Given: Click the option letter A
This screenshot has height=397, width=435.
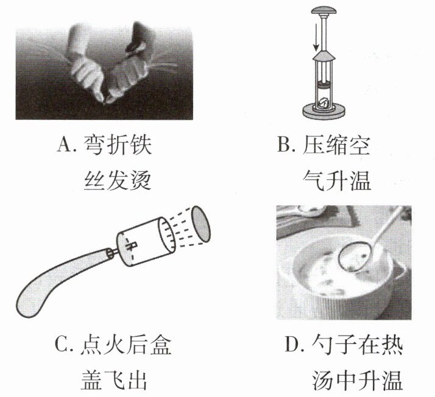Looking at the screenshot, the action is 64,145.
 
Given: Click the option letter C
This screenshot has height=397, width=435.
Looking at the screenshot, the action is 62,345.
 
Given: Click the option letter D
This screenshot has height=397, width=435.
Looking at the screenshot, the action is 292,345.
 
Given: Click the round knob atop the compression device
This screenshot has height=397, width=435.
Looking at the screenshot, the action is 324,10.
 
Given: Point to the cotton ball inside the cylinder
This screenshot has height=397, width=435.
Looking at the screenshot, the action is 324,102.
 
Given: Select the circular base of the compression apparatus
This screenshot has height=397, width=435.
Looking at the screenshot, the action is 324,111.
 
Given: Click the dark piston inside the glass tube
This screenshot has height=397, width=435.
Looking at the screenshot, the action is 324,83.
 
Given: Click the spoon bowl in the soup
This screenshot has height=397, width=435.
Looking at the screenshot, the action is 355,256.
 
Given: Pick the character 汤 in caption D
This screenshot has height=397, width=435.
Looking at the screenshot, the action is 323,381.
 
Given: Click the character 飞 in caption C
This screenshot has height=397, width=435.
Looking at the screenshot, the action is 114,381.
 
